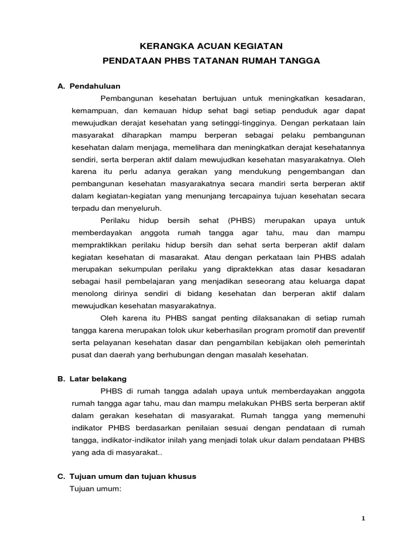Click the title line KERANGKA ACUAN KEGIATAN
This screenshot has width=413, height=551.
[211, 47]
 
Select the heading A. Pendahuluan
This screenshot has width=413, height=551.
[89, 86]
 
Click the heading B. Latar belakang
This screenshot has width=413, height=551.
[92, 379]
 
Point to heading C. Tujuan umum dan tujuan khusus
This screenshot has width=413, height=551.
[127, 477]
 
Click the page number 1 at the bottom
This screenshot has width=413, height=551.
[363, 519]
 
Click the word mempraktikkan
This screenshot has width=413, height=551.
[96, 245]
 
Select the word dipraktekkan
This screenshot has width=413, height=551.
[248, 269]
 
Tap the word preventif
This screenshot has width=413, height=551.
[346, 330]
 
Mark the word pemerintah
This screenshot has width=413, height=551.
[344, 343]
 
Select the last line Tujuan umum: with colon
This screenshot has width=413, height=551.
[96, 489]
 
